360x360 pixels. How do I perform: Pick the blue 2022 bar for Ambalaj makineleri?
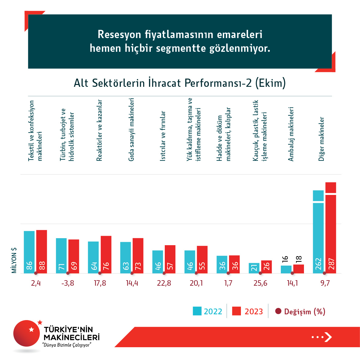286,270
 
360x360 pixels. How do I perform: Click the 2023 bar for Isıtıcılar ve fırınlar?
170,259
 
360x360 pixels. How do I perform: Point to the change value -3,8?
68,283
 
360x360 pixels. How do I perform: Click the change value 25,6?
260,283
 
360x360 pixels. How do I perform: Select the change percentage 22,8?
164,283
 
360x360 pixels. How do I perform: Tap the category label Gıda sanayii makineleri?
131,129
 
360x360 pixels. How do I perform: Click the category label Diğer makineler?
321,139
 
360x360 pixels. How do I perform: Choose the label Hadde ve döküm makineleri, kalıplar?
224,134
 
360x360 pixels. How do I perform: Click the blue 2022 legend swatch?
197,311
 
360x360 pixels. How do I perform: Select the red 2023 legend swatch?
236,311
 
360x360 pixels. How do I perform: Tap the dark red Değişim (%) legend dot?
278,311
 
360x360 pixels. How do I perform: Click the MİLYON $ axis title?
14,260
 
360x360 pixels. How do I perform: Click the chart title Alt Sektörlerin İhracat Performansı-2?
180,83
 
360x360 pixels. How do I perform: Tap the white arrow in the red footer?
328,337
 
